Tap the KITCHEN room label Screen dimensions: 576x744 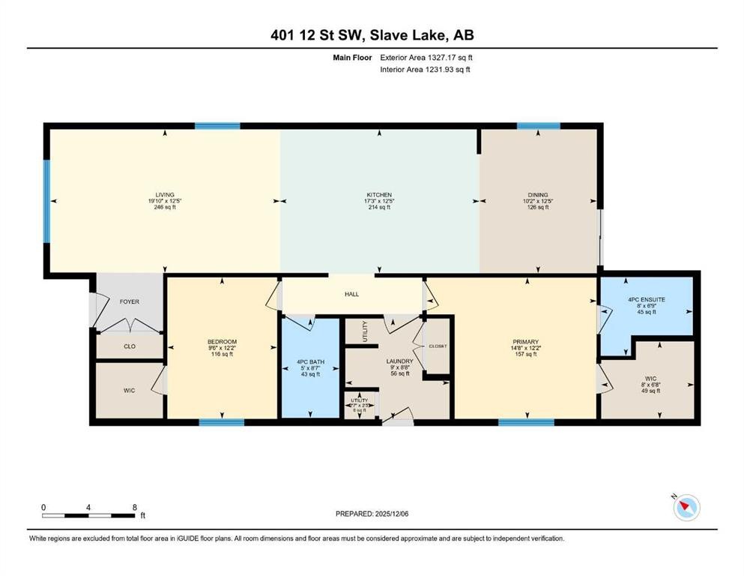tap(379, 195)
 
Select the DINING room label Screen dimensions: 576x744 tap(539, 195)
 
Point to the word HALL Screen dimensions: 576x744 tap(351, 294)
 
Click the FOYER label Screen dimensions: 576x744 tap(130, 301)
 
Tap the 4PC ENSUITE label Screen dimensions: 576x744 tap(646, 299)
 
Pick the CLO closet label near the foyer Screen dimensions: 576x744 tap(129, 346)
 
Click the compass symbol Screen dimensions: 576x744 tap(685, 508)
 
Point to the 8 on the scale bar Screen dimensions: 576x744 tap(133, 508)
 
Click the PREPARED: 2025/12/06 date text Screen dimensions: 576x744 tap(372, 514)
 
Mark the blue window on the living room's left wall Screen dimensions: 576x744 tap(46, 201)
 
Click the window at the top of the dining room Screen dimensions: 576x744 tap(538, 126)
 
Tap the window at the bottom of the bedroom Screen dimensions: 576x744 tap(221, 421)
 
